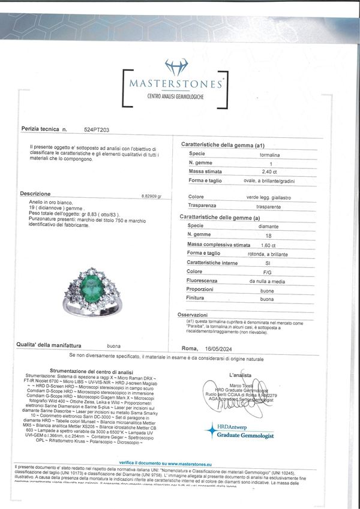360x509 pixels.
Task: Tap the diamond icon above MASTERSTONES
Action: [x=176, y=66]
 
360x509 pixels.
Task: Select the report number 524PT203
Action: [x=97, y=129]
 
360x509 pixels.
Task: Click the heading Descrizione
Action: [x=35, y=194]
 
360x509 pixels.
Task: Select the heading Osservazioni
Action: [x=196, y=315]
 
